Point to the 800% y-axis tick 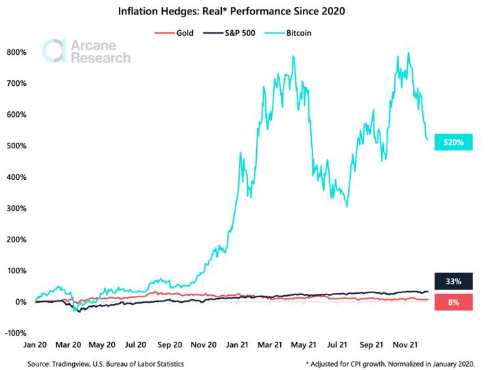coord(16,52)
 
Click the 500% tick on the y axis coord(16,146)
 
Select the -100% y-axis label coord(15,333)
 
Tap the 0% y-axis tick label coord(20,302)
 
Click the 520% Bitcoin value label coord(453,143)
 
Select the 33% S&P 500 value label coord(453,281)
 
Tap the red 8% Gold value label coord(453,302)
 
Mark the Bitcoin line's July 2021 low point coord(347,206)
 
